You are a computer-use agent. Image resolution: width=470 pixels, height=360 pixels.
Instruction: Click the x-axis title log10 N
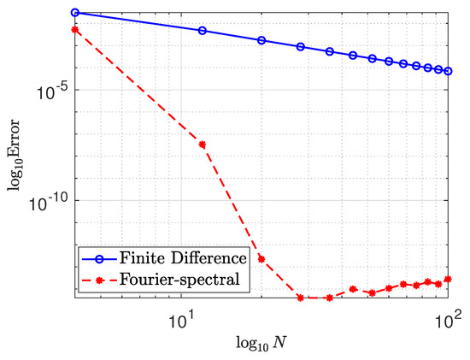(261, 346)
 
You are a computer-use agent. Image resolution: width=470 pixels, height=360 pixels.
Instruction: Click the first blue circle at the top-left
(75, 13)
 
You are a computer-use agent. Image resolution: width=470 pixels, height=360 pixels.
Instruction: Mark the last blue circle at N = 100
(449, 71)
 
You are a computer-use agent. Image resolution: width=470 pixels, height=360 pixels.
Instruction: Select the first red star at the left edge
(75, 29)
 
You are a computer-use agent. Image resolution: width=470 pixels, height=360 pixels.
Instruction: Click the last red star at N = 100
(449, 279)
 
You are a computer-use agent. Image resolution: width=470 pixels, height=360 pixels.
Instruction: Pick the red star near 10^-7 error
(203, 144)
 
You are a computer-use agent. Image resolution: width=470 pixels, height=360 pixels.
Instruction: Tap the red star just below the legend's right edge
(261, 258)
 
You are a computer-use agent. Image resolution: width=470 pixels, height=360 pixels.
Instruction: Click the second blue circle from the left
(203, 31)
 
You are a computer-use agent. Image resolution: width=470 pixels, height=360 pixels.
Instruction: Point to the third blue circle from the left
(261, 40)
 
